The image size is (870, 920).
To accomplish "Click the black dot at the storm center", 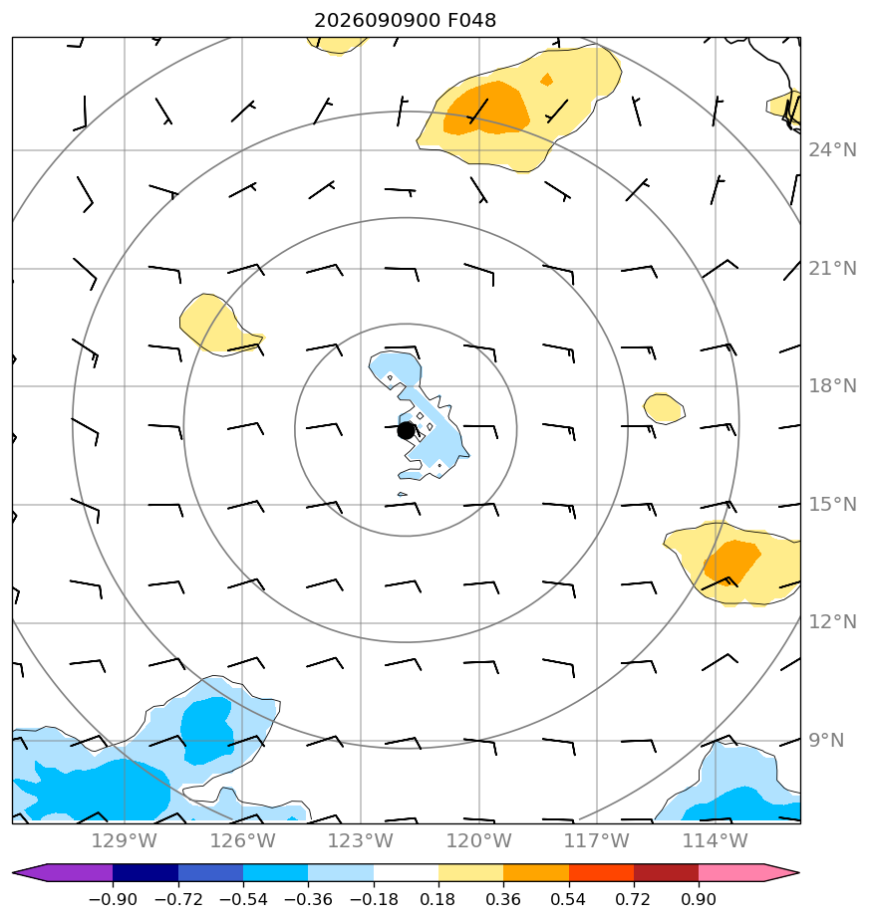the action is [x=406, y=431].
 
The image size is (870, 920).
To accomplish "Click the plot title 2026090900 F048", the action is [x=406, y=21].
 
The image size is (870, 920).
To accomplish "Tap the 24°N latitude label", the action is [x=832, y=150].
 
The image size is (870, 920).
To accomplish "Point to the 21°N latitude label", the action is [x=832, y=269].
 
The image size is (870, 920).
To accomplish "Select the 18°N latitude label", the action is [x=832, y=386].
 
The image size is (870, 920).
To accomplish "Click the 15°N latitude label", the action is [x=832, y=505].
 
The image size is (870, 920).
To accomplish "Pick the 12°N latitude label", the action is [x=832, y=622].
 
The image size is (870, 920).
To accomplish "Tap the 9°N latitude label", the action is [x=826, y=741].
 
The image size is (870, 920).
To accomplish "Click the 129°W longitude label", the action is [x=125, y=841].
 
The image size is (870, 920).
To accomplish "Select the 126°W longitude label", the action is [x=242, y=841].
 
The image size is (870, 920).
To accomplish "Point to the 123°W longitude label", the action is [x=361, y=841].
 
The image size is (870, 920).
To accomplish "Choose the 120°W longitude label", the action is [x=478, y=841].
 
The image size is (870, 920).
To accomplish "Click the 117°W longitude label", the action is [x=597, y=841].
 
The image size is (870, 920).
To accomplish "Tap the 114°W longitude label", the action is [x=715, y=841].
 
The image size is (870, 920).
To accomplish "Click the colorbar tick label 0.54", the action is [x=568, y=899].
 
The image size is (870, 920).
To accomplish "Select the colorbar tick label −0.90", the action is [x=113, y=899].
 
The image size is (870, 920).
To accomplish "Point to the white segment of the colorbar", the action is [x=406, y=873].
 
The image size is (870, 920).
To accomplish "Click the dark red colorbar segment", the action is [x=666, y=873].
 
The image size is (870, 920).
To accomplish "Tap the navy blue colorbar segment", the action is [x=145, y=873].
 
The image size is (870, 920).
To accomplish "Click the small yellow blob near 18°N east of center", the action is [x=664, y=408].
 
